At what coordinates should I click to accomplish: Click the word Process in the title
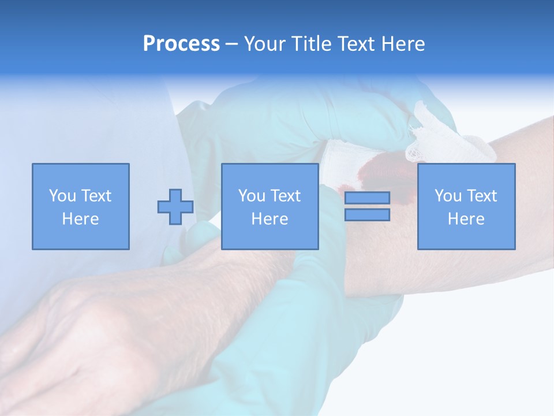[x=181, y=44]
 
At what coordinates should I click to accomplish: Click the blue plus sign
[x=175, y=207]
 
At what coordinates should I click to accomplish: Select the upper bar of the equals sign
[x=367, y=198]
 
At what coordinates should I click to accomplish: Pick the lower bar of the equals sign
[x=367, y=215]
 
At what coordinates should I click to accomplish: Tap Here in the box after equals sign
[x=466, y=219]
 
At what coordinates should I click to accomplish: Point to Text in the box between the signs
[x=286, y=196]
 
